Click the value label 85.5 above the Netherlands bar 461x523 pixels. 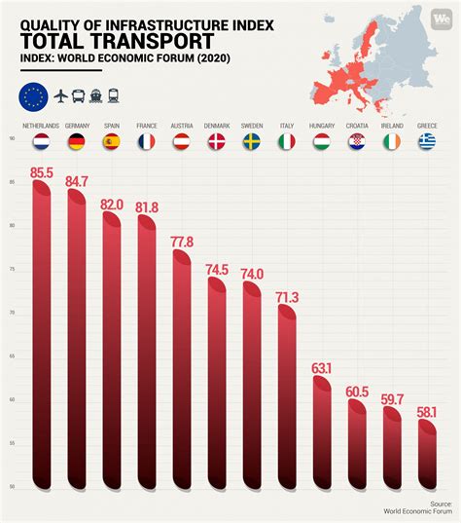tap(42, 173)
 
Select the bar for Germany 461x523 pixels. tap(77, 331)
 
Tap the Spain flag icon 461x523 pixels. tap(112, 142)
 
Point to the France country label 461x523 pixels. tap(147, 126)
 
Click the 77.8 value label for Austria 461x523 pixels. tap(182, 241)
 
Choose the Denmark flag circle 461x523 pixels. tap(217, 142)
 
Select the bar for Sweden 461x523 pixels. tap(252, 380)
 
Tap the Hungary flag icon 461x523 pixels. tap(322, 142)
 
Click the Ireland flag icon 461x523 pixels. tap(392, 142)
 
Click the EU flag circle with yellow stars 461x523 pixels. tap(32, 96)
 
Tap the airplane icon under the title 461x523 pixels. tap(60, 96)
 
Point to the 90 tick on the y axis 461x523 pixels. tap(12, 139)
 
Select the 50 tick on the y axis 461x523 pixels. tap(12, 486)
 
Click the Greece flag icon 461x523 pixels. tap(427, 142)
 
